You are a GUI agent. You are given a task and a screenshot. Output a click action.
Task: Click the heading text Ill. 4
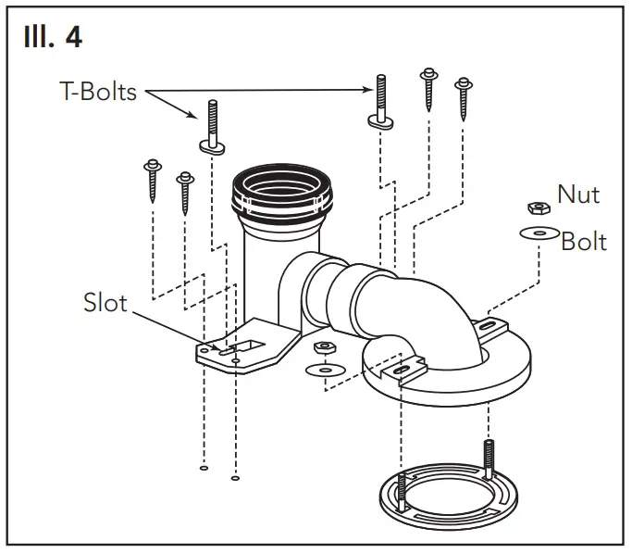[53, 38]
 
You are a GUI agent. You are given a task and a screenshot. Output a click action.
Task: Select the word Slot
[105, 303]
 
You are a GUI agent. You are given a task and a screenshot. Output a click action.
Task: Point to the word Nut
[577, 195]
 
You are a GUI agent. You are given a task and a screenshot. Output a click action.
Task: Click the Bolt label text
[584, 242]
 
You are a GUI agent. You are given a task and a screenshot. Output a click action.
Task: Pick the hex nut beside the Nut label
[534, 207]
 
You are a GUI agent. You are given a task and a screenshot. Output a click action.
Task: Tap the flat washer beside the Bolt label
[535, 233]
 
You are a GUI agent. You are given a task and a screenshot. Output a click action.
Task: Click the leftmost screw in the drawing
[151, 182]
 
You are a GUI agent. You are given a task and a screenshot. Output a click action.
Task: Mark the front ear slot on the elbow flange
[400, 371]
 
